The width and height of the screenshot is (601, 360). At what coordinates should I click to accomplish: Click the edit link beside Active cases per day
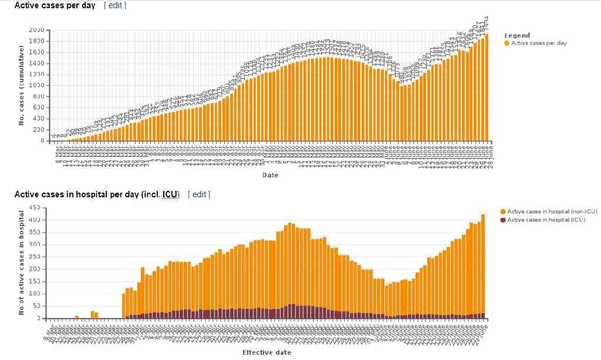pyautogui.click(x=115, y=5)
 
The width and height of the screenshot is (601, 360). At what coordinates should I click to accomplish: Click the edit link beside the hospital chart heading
pyautogui.click(x=199, y=194)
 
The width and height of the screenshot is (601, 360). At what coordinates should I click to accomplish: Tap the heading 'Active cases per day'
pyautogui.click(x=55, y=5)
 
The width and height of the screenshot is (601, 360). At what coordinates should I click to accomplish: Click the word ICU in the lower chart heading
pyautogui.click(x=171, y=194)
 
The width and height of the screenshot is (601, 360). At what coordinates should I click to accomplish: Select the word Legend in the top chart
pyautogui.click(x=517, y=35)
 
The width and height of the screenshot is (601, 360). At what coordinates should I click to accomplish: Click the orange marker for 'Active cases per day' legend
pyautogui.click(x=507, y=43)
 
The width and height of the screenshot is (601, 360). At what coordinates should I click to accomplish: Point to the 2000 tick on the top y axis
pyautogui.click(x=36, y=30)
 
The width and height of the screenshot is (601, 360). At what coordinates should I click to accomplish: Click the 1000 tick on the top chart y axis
pyautogui.click(x=36, y=86)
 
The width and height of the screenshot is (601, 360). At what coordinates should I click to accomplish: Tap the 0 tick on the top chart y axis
pyautogui.click(x=42, y=141)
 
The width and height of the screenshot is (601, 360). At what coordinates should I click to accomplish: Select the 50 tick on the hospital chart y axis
pyautogui.click(x=36, y=306)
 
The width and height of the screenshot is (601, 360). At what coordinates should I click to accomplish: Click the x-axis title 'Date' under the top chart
pyautogui.click(x=270, y=175)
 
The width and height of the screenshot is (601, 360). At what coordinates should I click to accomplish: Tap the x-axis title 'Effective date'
pyautogui.click(x=266, y=352)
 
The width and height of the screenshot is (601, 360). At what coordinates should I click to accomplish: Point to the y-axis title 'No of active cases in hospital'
pyautogui.click(x=21, y=263)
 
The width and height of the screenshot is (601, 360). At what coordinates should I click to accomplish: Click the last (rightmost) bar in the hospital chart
pyautogui.click(x=483, y=264)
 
